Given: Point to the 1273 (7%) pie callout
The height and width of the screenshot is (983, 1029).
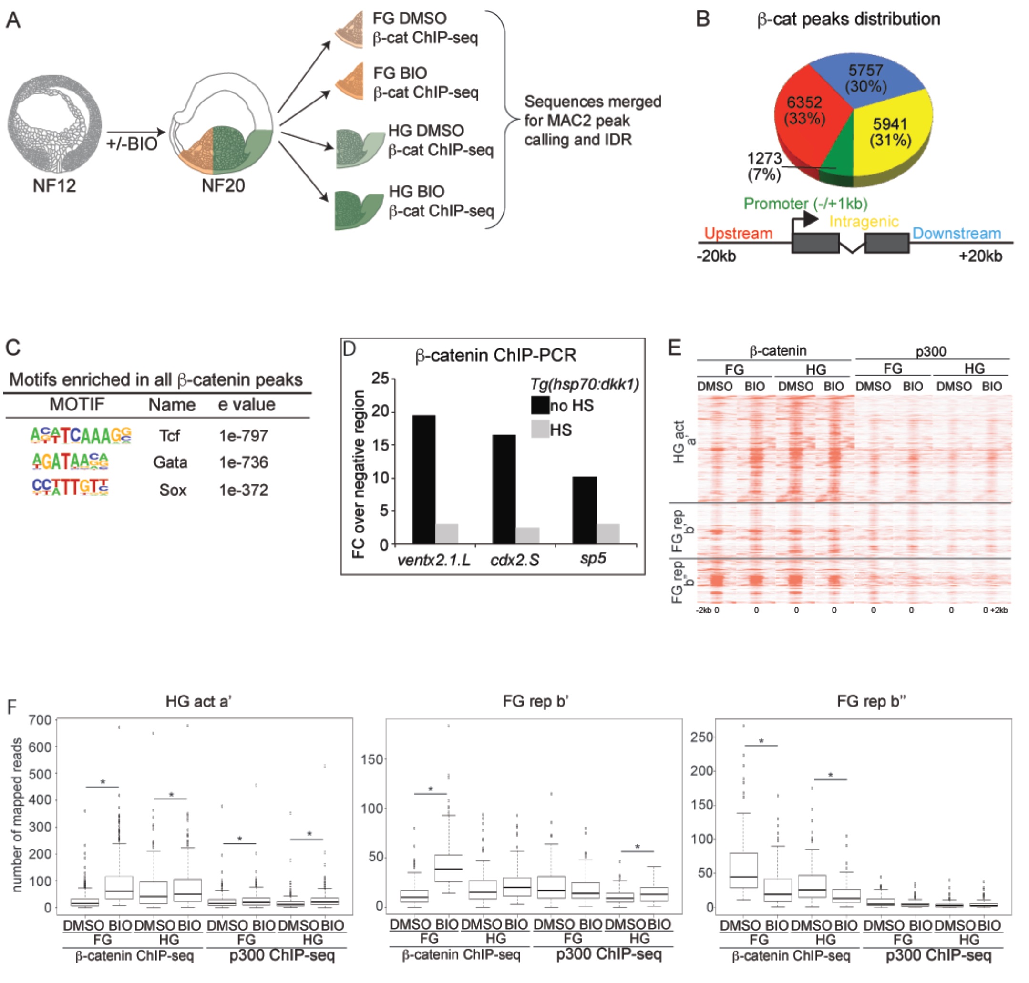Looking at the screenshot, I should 764,165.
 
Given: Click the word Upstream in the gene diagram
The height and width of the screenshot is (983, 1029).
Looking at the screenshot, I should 738,233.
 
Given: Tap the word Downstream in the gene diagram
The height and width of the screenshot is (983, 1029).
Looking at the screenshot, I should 956,233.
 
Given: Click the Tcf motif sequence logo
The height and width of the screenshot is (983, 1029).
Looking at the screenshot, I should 81,435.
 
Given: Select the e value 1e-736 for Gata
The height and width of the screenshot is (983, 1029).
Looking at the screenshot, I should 243,462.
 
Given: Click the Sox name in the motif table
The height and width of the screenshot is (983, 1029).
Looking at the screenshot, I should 173,490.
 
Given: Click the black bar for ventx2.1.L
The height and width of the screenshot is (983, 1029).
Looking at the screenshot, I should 423,479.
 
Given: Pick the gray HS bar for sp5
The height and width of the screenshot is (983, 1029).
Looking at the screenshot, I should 608,533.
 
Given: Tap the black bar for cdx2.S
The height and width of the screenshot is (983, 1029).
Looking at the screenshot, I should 504,489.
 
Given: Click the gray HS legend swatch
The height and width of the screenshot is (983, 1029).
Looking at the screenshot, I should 540,430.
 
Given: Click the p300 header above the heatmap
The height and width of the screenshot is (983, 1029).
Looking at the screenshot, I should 931,351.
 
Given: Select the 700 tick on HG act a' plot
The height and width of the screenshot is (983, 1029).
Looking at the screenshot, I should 41,720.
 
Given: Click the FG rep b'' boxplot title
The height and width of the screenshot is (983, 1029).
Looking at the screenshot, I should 871,702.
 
